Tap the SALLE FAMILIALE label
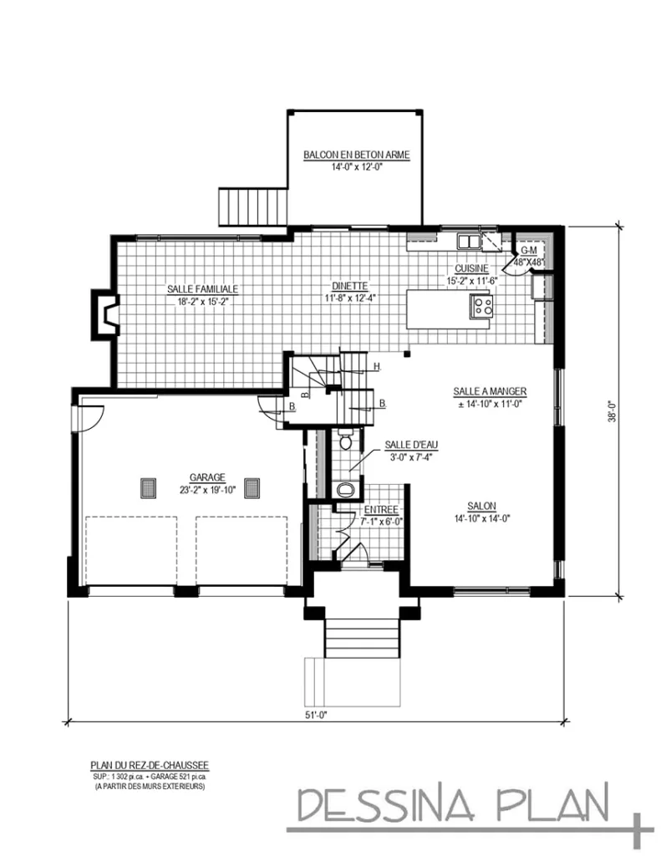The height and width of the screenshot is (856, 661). [202, 289]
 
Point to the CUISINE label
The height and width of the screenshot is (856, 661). [471, 269]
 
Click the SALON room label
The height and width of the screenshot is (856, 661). [482, 507]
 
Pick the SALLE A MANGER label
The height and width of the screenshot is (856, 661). [489, 391]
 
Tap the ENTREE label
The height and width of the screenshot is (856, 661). [380, 510]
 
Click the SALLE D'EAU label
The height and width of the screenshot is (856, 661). [408, 446]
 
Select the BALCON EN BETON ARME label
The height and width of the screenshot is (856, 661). [356, 155]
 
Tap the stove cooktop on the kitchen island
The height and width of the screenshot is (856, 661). [482, 305]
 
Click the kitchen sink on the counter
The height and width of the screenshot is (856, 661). [468, 242]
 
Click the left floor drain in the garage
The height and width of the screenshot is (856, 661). [148, 487]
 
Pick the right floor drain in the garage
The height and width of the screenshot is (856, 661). [252, 487]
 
